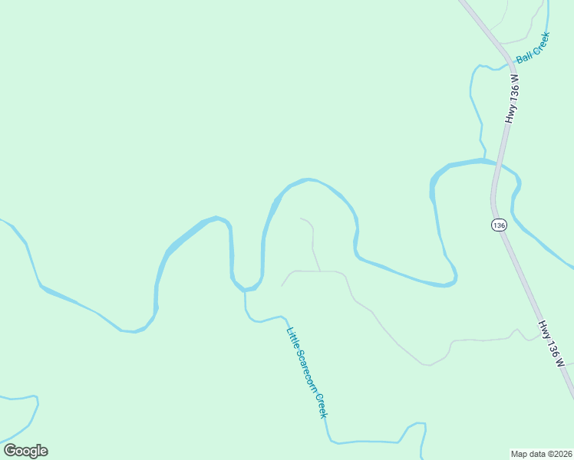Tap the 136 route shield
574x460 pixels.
click(500, 225)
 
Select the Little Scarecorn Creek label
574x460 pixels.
click(307, 373)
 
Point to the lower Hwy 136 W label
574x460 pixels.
click(552, 344)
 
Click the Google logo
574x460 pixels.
click(25, 451)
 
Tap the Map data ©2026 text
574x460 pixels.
click(541, 453)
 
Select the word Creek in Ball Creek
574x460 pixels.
click(539, 43)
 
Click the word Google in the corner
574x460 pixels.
click(25, 451)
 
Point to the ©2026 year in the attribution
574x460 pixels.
click(557, 453)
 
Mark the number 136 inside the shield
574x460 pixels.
click(500, 225)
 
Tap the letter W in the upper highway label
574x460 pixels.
click(516, 79)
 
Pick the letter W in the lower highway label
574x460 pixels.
click(560, 363)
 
